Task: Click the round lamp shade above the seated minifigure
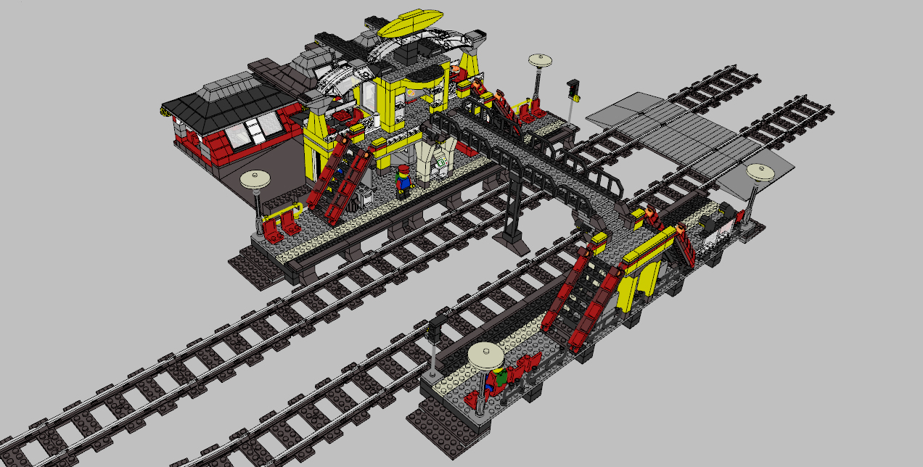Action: (485, 355)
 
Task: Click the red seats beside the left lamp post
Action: (282, 225)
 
